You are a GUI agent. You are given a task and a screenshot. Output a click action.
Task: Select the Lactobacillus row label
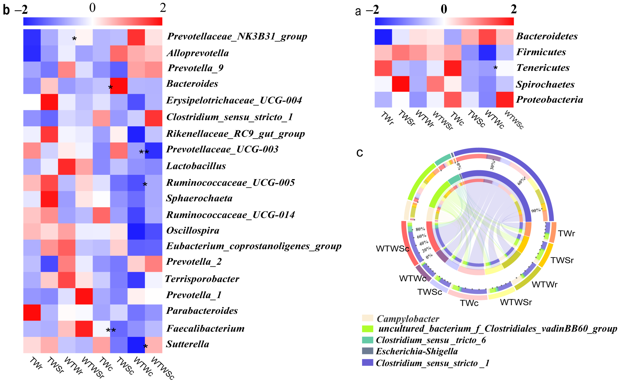[x=196, y=166]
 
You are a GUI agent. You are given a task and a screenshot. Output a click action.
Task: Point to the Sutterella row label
[x=187, y=344]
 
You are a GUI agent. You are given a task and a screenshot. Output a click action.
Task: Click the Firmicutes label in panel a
[x=541, y=52]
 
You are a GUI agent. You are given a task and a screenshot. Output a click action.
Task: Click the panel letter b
[x=6, y=10]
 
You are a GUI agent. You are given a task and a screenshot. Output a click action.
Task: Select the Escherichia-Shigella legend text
[x=417, y=351]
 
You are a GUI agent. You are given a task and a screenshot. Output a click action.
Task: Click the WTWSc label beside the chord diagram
[x=392, y=249]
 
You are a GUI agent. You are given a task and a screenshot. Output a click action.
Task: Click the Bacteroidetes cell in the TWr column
[x=383, y=37]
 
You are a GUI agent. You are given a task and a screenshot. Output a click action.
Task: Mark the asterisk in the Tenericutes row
[x=495, y=68]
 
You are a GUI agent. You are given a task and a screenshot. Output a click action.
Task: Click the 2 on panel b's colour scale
[x=163, y=8]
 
